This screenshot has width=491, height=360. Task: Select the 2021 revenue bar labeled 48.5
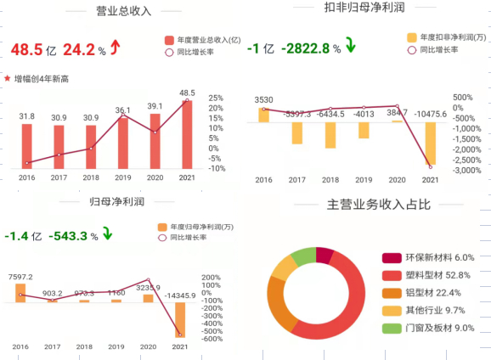(187, 134)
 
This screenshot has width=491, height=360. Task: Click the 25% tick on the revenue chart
(216, 98)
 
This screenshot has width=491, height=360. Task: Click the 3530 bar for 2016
(263, 115)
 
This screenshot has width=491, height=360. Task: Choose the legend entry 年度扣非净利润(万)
(445, 37)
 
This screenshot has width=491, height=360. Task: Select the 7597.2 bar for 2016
(20, 293)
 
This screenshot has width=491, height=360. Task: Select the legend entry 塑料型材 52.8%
(427, 275)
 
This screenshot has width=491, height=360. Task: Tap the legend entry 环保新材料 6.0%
(427, 257)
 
